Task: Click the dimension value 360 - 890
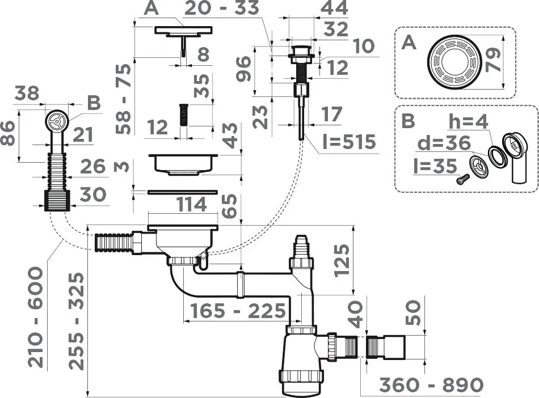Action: (x=431, y=385)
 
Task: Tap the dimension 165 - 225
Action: (x=238, y=311)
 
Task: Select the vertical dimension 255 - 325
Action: (x=77, y=321)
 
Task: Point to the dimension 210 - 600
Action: (x=36, y=317)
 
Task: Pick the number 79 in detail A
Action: (x=494, y=60)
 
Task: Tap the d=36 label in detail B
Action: (x=444, y=143)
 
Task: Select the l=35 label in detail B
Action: (x=435, y=166)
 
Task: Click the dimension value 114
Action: (x=191, y=204)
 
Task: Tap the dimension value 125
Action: (x=342, y=260)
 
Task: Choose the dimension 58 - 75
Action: (x=124, y=99)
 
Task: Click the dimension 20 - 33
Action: (x=222, y=9)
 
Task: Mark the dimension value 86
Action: (x=9, y=133)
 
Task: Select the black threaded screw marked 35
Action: (x=184, y=116)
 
